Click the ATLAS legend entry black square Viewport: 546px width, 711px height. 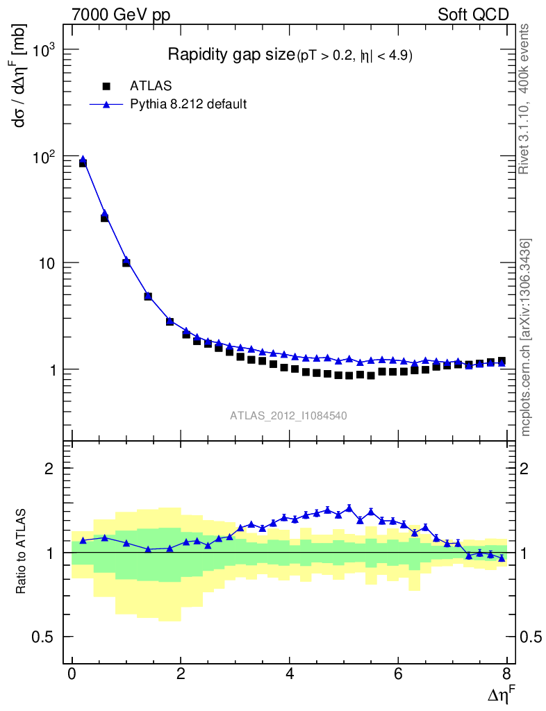tap(106, 86)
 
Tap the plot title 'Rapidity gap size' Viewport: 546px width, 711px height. tap(231, 55)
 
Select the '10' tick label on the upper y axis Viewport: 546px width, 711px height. tap(45, 264)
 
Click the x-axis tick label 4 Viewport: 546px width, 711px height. tap(290, 674)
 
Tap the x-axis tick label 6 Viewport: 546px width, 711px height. tap(398, 674)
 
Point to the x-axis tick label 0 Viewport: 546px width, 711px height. tap(72, 674)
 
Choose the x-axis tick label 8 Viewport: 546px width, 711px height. tap(506, 674)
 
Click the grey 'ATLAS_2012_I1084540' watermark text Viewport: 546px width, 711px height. tap(289, 416)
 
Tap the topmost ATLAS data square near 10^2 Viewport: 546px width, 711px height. tap(83, 163)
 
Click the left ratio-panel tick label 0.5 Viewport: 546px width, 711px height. tap(45, 637)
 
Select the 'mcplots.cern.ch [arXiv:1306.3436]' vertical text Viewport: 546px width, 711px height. tap(527, 337)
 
